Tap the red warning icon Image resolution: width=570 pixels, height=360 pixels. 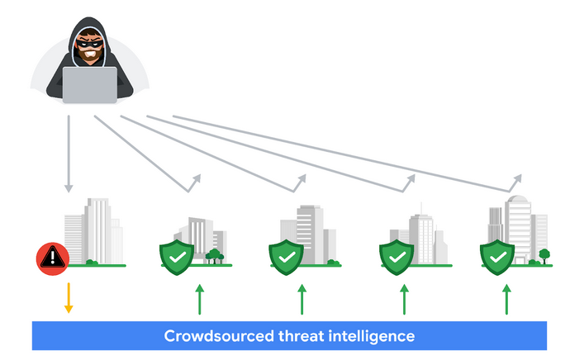(52, 258)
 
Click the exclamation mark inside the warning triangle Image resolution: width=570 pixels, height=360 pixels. (52, 258)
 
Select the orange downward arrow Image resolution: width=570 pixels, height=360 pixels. (69, 298)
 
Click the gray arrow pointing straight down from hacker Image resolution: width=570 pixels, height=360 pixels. (69, 153)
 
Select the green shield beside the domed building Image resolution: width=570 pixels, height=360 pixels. (497, 258)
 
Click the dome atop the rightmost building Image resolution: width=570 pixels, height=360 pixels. (519, 201)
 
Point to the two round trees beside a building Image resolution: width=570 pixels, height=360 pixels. (215, 254)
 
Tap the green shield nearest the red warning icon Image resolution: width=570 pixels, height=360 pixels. (176, 258)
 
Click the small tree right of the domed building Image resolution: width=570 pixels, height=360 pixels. (544, 254)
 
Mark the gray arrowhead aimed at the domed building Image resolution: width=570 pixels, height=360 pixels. (518, 178)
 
